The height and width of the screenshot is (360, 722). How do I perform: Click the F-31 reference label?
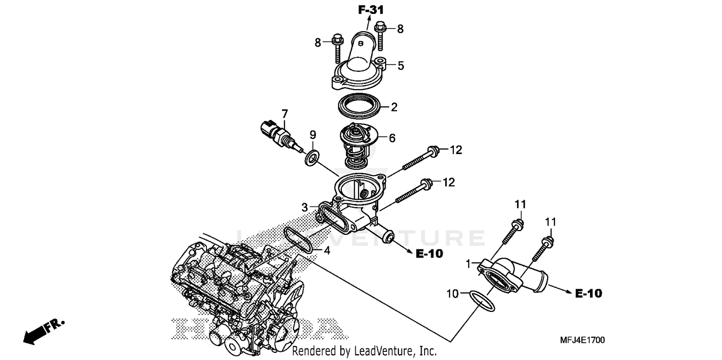click(x=371, y=9)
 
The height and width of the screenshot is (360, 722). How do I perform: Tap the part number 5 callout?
click(x=400, y=65)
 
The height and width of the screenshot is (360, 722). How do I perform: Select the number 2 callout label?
click(x=394, y=107)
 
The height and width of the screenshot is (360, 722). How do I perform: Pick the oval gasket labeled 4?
click(x=299, y=239)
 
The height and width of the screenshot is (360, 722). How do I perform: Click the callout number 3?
click(x=305, y=207)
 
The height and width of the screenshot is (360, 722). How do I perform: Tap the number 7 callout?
click(x=284, y=114)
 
